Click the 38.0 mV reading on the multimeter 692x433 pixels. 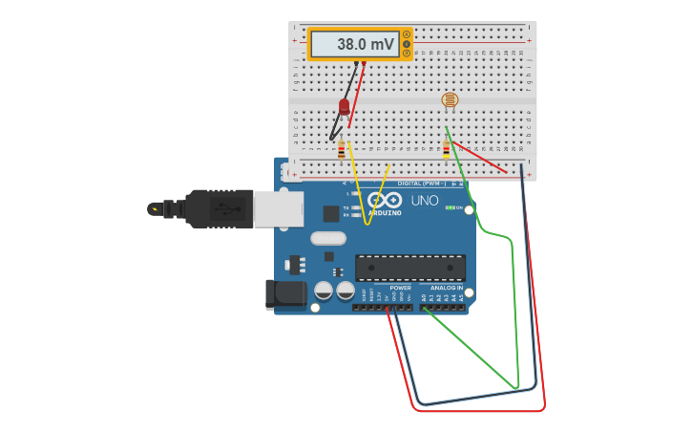354,44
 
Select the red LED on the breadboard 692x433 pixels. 345,107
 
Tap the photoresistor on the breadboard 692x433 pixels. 449,99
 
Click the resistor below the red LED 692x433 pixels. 342,150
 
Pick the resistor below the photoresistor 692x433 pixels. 446,150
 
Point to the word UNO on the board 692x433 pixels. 425,201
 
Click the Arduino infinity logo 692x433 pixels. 385,200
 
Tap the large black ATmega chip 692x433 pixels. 410,268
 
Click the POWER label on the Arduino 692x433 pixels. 401,287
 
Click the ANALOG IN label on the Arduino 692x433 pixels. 445,287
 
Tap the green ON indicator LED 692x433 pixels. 449,207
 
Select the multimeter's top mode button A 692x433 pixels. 407,35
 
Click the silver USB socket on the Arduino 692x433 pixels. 279,208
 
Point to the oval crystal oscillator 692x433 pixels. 326,239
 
